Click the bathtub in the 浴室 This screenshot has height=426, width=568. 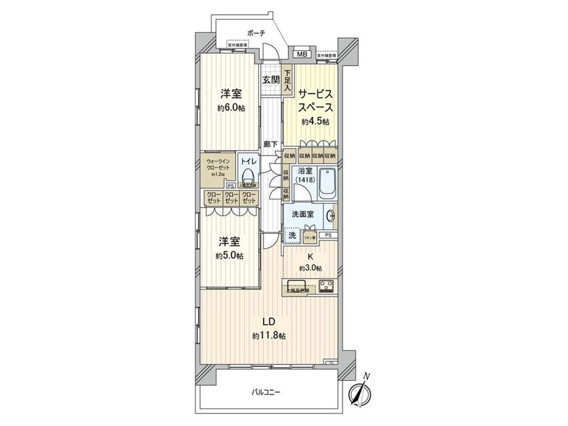tap(327, 183)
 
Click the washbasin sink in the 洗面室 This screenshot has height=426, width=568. tap(331, 215)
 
